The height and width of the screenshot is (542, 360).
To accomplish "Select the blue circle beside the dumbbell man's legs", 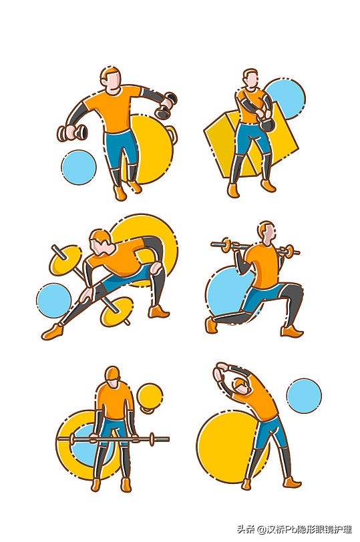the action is tap(79, 168).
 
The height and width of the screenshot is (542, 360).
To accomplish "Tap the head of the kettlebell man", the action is tap(251, 79).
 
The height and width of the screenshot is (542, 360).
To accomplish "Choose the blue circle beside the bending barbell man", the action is tap(54, 300).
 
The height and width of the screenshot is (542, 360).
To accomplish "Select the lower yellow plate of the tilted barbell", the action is tap(117, 312).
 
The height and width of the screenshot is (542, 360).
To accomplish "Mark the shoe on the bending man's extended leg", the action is tap(53, 332).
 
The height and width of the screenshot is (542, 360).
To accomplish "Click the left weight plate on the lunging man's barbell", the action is tap(227, 246).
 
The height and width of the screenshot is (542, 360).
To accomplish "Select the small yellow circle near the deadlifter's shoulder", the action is tap(150, 396).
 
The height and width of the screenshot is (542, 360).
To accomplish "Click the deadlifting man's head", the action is tap(113, 376).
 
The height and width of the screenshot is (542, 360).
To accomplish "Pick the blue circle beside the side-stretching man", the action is tap(304, 396).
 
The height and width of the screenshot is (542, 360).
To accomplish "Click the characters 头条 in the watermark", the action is tap(246, 529).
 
